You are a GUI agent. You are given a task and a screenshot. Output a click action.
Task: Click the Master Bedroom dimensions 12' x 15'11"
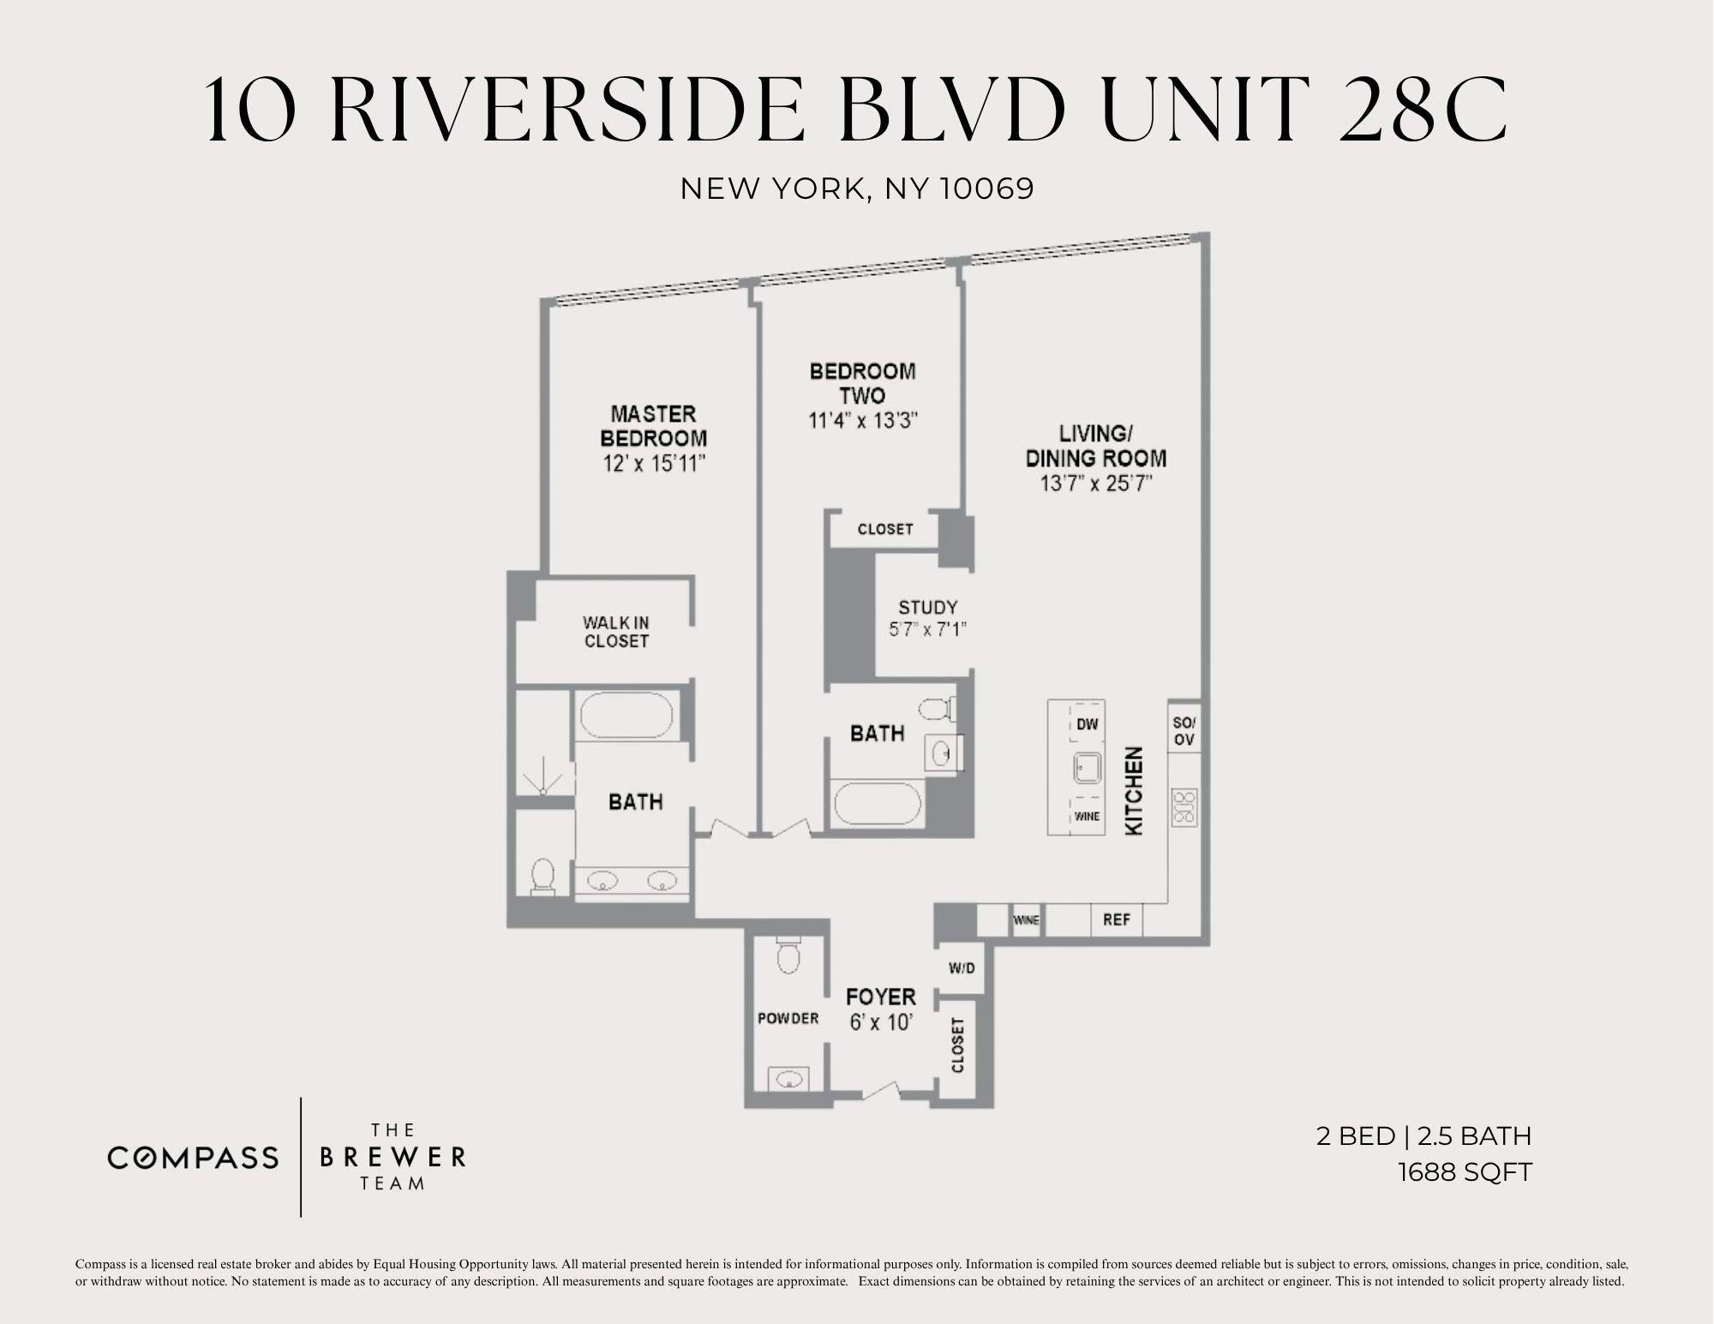pyautogui.click(x=653, y=464)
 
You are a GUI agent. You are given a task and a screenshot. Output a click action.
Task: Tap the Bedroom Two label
pyautogui.click(x=862, y=383)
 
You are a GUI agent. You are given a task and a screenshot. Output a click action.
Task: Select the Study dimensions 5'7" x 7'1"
pyautogui.click(x=927, y=629)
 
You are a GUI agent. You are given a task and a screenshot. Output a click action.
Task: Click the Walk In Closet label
pyautogui.click(x=615, y=632)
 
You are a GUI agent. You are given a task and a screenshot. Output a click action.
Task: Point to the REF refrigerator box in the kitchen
pyautogui.click(x=1116, y=920)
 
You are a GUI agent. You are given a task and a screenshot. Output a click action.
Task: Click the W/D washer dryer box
pyautogui.click(x=962, y=968)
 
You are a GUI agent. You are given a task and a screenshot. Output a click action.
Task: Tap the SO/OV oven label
pyautogui.click(x=1184, y=731)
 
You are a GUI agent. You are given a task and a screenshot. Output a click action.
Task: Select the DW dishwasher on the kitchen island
pyautogui.click(x=1087, y=725)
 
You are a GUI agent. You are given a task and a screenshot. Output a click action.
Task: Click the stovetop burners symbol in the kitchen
pyautogui.click(x=1184, y=807)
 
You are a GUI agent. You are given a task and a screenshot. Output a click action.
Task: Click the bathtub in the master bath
pyautogui.click(x=626, y=716)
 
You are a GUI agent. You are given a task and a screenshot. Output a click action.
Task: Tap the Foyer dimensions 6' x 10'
pyautogui.click(x=879, y=1022)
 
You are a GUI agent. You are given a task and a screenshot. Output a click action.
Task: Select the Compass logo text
pyautogui.click(x=193, y=1158)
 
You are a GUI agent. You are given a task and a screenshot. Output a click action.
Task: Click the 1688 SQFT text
pyautogui.click(x=1464, y=1172)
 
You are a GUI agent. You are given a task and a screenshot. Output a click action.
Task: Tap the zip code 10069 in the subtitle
pyautogui.click(x=987, y=189)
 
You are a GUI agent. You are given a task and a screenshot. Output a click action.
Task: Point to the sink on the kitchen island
pyautogui.click(x=1087, y=769)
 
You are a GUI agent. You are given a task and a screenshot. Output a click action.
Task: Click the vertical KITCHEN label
pyautogui.click(x=1134, y=791)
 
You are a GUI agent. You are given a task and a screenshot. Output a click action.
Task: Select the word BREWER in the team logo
pyautogui.click(x=393, y=1158)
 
